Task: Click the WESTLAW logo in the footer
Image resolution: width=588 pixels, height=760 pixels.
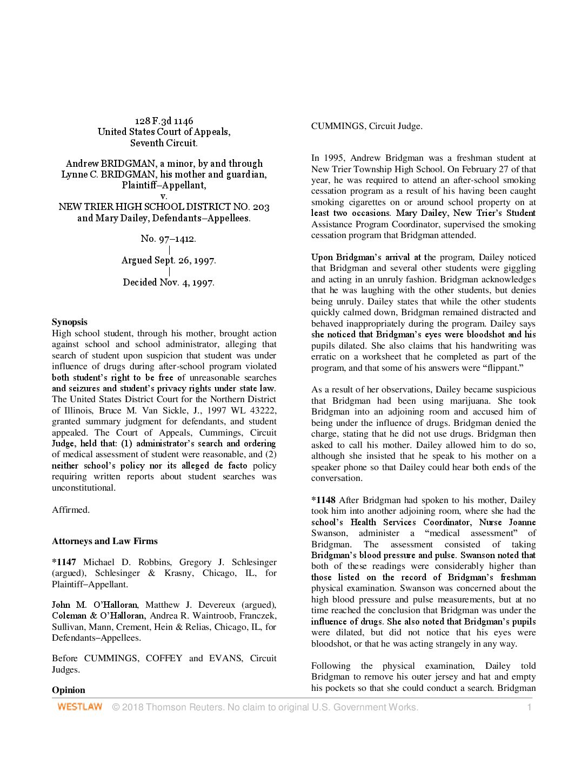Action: [x=80, y=707]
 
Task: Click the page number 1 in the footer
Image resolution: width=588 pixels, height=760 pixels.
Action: [x=529, y=707]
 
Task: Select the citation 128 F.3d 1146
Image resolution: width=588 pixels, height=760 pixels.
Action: [x=164, y=121]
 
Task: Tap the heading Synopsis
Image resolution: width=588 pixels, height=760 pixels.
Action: [x=69, y=322]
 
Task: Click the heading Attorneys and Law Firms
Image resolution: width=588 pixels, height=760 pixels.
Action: [x=105, y=541]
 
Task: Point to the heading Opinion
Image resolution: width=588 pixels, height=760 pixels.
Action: [x=69, y=690]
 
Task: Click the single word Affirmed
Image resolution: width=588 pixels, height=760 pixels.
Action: [x=71, y=510]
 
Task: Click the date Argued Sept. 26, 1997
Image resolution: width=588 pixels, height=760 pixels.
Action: [x=169, y=260]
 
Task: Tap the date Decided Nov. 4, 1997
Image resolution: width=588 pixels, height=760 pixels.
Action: [x=169, y=282]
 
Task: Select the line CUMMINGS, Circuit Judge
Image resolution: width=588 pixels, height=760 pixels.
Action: [x=366, y=126]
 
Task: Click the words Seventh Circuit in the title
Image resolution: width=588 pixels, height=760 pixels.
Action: [x=164, y=143]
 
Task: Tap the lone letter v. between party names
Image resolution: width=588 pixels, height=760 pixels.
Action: [x=164, y=196]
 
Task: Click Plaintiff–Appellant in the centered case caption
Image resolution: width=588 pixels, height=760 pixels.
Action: [x=164, y=185]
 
